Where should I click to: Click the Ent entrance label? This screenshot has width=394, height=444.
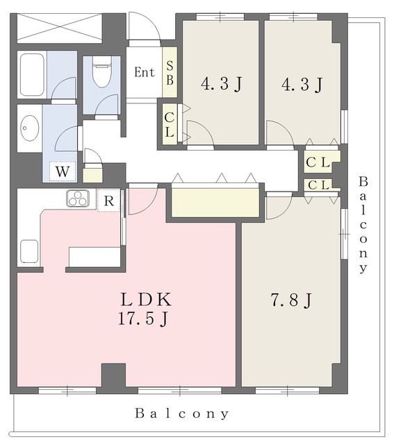[x=145, y=72]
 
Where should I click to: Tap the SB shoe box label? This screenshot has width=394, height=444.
[x=170, y=73]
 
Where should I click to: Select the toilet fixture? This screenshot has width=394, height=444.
[x=102, y=72]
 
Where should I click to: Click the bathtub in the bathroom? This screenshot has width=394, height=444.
[x=32, y=75]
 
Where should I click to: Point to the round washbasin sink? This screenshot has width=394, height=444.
[x=30, y=128]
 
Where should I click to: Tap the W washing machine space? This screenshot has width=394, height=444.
[x=63, y=171]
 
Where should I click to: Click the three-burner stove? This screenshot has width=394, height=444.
[x=78, y=198]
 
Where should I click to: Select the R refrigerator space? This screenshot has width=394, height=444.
[x=109, y=200]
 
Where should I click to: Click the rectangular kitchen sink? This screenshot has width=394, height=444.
[x=29, y=251]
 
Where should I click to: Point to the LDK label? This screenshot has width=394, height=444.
[x=146, y=300]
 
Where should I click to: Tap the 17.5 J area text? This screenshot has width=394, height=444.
[x=143, y=319]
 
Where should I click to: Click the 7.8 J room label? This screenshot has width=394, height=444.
[x=291, y=300]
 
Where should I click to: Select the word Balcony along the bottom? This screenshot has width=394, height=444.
[x=182, y=413]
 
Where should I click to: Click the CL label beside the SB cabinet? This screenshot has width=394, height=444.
[x=170, y=125]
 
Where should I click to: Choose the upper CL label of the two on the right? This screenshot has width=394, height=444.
[x=318, y=162]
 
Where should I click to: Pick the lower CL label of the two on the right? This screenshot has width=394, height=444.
[x=318, y=185]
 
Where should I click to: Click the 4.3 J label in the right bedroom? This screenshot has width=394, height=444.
[x=302, y=85]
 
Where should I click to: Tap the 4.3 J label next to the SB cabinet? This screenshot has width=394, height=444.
[x=222, y=84]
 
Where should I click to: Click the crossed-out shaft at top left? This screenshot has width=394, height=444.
[x=59, y=28]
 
